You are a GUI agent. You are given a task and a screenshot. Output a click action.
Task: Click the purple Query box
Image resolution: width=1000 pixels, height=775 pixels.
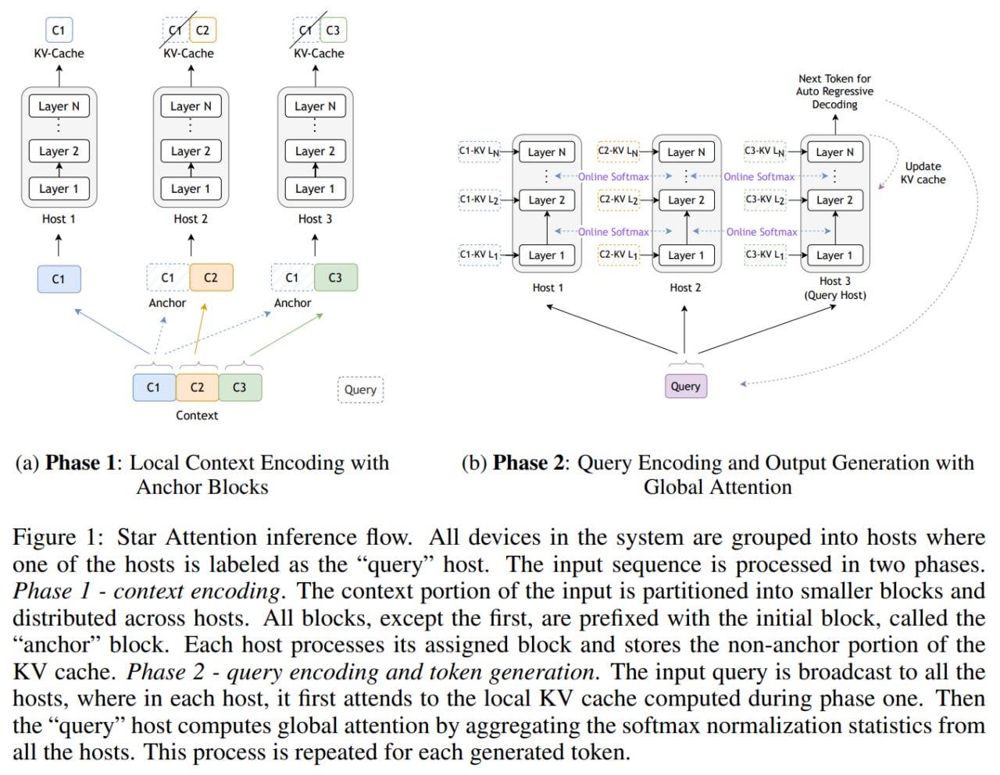point(686,386)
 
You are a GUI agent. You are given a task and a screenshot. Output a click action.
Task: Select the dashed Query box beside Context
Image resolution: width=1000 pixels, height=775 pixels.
point(360,389)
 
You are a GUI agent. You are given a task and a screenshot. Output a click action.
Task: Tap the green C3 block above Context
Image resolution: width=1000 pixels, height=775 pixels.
point(240,387)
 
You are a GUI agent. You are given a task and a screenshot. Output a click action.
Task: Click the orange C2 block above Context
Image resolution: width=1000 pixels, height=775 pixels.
point(198,387)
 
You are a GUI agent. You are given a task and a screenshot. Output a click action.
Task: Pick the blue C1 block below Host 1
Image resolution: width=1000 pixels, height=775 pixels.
point(59,279)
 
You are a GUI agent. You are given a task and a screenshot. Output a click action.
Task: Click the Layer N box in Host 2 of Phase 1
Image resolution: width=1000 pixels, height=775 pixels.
point(191,106)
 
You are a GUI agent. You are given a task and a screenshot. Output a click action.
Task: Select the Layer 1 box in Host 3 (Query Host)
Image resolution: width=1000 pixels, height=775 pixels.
point(835,255)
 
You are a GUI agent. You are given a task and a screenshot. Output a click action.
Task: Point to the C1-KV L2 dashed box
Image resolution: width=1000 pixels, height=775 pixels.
point(480,200)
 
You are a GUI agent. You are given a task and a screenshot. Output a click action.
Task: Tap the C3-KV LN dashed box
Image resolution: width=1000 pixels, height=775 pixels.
point(765,151)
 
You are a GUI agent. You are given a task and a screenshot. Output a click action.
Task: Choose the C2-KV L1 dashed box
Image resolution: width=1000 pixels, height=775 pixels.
point(619,255)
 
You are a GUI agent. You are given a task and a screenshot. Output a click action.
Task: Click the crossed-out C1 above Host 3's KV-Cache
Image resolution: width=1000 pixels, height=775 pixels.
point(306,30)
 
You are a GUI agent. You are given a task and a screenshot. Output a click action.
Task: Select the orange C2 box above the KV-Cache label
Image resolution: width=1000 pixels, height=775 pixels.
point(203,30)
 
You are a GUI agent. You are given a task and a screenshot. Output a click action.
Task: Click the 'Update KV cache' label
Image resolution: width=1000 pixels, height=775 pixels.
point(923,172)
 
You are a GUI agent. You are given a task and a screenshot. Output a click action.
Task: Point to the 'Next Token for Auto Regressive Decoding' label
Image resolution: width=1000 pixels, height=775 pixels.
point(835,91)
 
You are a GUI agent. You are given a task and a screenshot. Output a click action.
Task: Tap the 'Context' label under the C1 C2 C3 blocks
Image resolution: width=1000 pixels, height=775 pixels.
point(197,415)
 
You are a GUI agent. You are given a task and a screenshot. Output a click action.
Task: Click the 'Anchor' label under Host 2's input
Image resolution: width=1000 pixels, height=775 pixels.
point(167,303)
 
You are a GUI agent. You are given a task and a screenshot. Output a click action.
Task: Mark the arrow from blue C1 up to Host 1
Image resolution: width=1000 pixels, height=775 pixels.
point(59,245)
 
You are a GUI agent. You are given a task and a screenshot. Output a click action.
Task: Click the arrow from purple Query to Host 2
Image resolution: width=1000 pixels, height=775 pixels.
point(685,329)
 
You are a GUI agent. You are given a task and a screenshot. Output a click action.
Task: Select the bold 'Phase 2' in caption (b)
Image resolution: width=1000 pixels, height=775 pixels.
point(528,463)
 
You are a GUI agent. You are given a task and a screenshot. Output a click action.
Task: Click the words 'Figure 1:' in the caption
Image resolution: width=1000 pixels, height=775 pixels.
point(58,538)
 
